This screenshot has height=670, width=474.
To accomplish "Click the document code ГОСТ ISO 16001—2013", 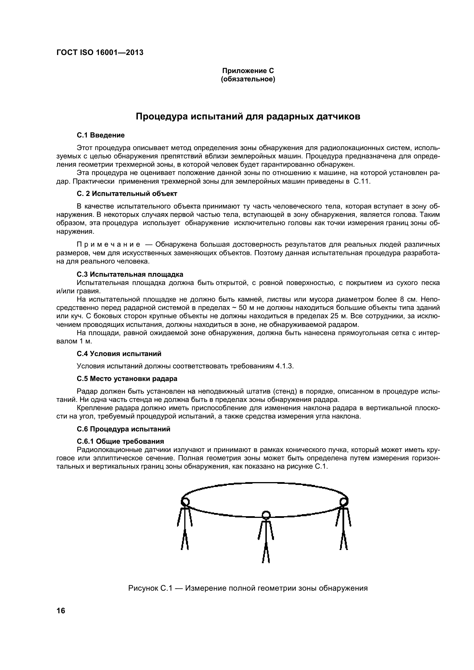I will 100,52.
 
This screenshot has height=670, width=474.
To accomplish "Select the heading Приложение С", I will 248,71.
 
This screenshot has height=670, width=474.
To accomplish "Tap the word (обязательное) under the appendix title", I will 248,79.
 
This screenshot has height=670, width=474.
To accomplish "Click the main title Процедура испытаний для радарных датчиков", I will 248,116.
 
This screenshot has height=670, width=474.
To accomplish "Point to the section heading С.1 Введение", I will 101,135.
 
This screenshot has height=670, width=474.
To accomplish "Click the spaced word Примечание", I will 108,244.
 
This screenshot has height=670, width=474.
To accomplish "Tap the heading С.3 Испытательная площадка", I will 130,274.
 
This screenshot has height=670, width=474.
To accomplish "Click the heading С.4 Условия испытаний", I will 119,354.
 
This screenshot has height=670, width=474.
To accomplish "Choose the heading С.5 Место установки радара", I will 127,379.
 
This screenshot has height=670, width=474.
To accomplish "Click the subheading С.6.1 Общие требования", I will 120,441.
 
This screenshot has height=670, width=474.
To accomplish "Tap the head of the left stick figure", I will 185,502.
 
